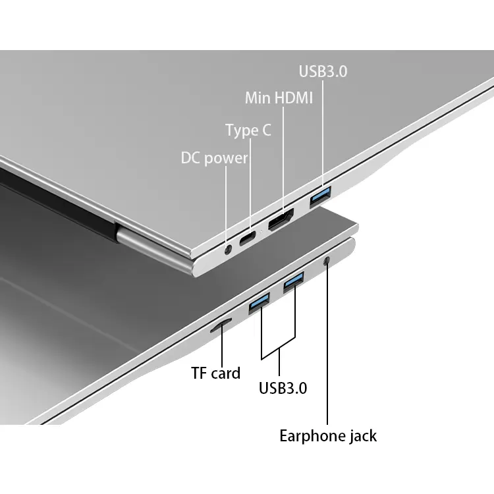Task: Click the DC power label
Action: click(x=214, y=158)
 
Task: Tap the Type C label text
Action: click(x=248, y=130)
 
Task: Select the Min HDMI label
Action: click(x=279, y=97)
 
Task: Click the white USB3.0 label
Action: click(x=323, y=71)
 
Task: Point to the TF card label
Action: click(x=216, y=373)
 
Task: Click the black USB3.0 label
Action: click(x=283, y=388)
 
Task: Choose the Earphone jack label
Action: click(x=328, y=436)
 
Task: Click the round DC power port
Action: click(x=228, y=250)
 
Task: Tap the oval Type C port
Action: click(x=248, y=238)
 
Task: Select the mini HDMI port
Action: click(x=281, y=220)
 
